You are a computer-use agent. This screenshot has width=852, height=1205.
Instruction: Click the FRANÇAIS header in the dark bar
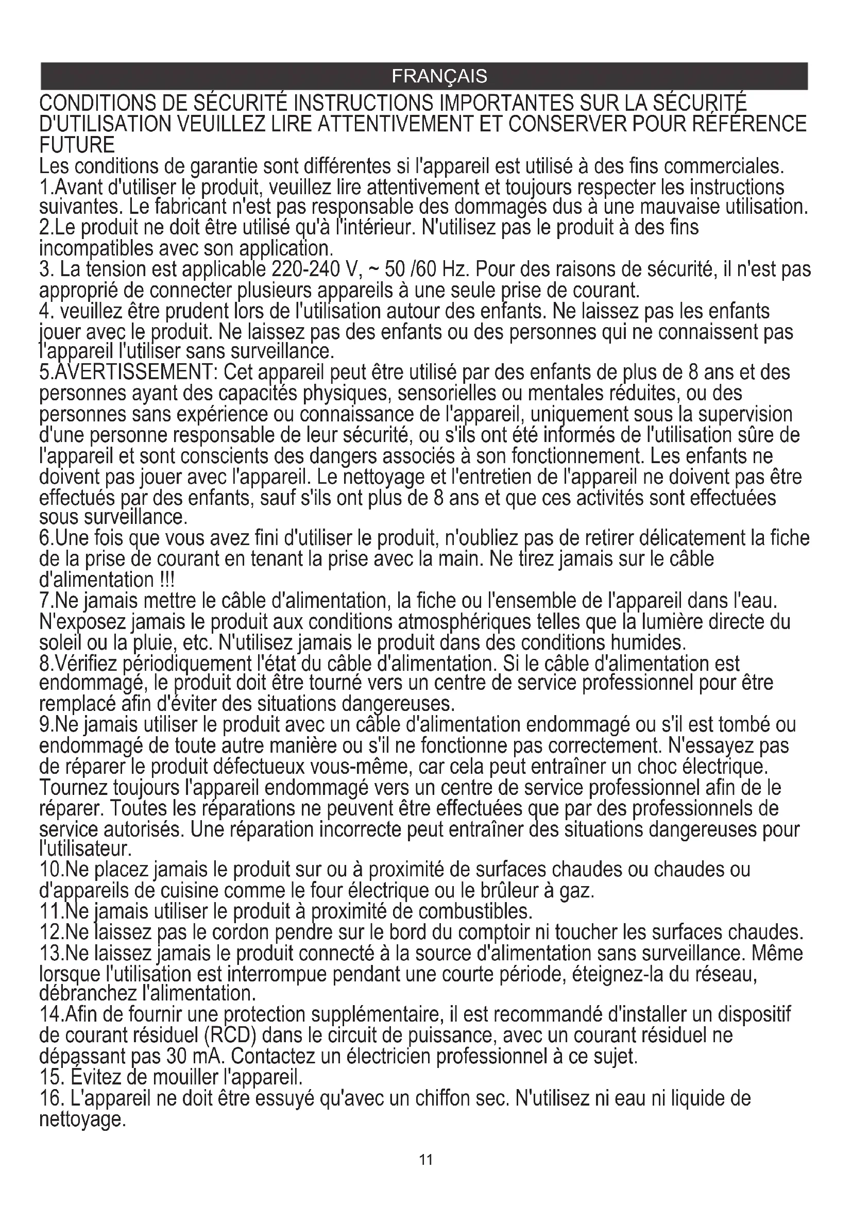pos(439,77)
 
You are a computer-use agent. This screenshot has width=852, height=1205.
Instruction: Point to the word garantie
pos(223,166)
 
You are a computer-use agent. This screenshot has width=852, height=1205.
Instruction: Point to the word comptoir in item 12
pos(492,932)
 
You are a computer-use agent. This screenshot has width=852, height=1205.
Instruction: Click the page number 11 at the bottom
pos(426,1160)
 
